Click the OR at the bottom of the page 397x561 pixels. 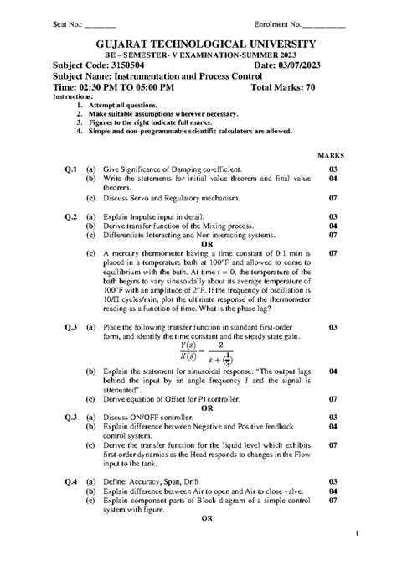207,518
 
